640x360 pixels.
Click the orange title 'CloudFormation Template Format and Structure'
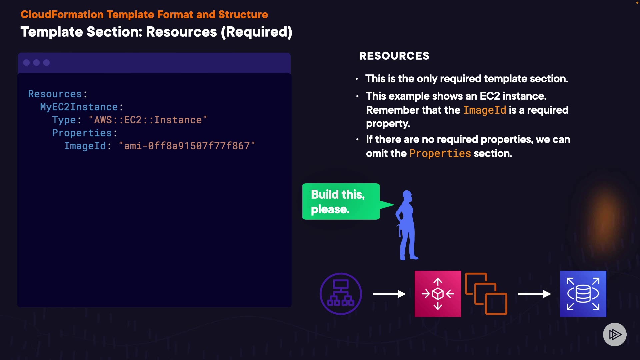coord(144,15)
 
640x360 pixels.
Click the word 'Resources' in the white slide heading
coord(181,32)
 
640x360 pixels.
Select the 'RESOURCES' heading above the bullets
coord(394,56)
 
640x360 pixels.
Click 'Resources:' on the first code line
coord(57,94)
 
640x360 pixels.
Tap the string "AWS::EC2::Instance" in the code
coord(148,120)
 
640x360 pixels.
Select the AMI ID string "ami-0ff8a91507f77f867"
coord(187,146)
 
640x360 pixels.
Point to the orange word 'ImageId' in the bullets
coord(484,110)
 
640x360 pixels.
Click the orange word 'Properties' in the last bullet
coord(440,153)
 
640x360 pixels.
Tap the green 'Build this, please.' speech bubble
coord(341,202)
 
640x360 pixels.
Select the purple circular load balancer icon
coord(341,294)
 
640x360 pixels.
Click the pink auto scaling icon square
coord(438,294)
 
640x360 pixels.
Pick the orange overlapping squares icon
coord(486,294)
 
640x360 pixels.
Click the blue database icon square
coord(583,294)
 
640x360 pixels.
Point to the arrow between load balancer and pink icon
coord(389,294)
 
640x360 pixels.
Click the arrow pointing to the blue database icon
coord(534,294)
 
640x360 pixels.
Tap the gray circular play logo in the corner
coord(615,334)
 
